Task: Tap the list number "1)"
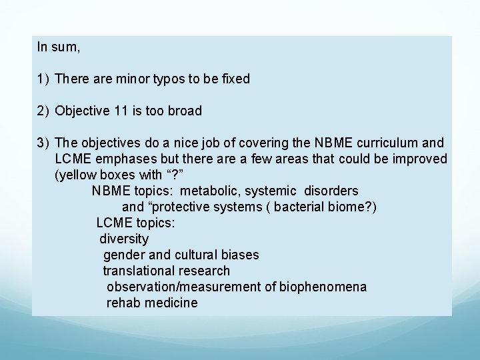tap(43, 79)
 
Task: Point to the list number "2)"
tap(43, 111)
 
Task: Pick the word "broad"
tap(184, 111)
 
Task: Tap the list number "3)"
tap(43, 143)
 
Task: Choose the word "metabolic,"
tap(215, 191)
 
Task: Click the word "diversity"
tap(124, 239)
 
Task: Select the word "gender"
tap(122, 255)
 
